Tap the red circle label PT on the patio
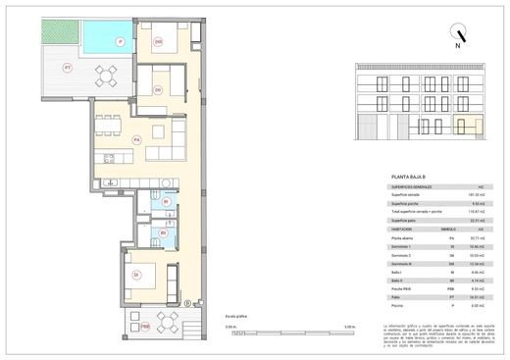(x=68, y=68)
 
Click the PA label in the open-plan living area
(x=136, y=138)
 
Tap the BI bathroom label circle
(x=166, y=203)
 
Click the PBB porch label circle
(x=144, y=324)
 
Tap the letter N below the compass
(x=455, y=46)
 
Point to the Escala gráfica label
(x=236, y=315)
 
